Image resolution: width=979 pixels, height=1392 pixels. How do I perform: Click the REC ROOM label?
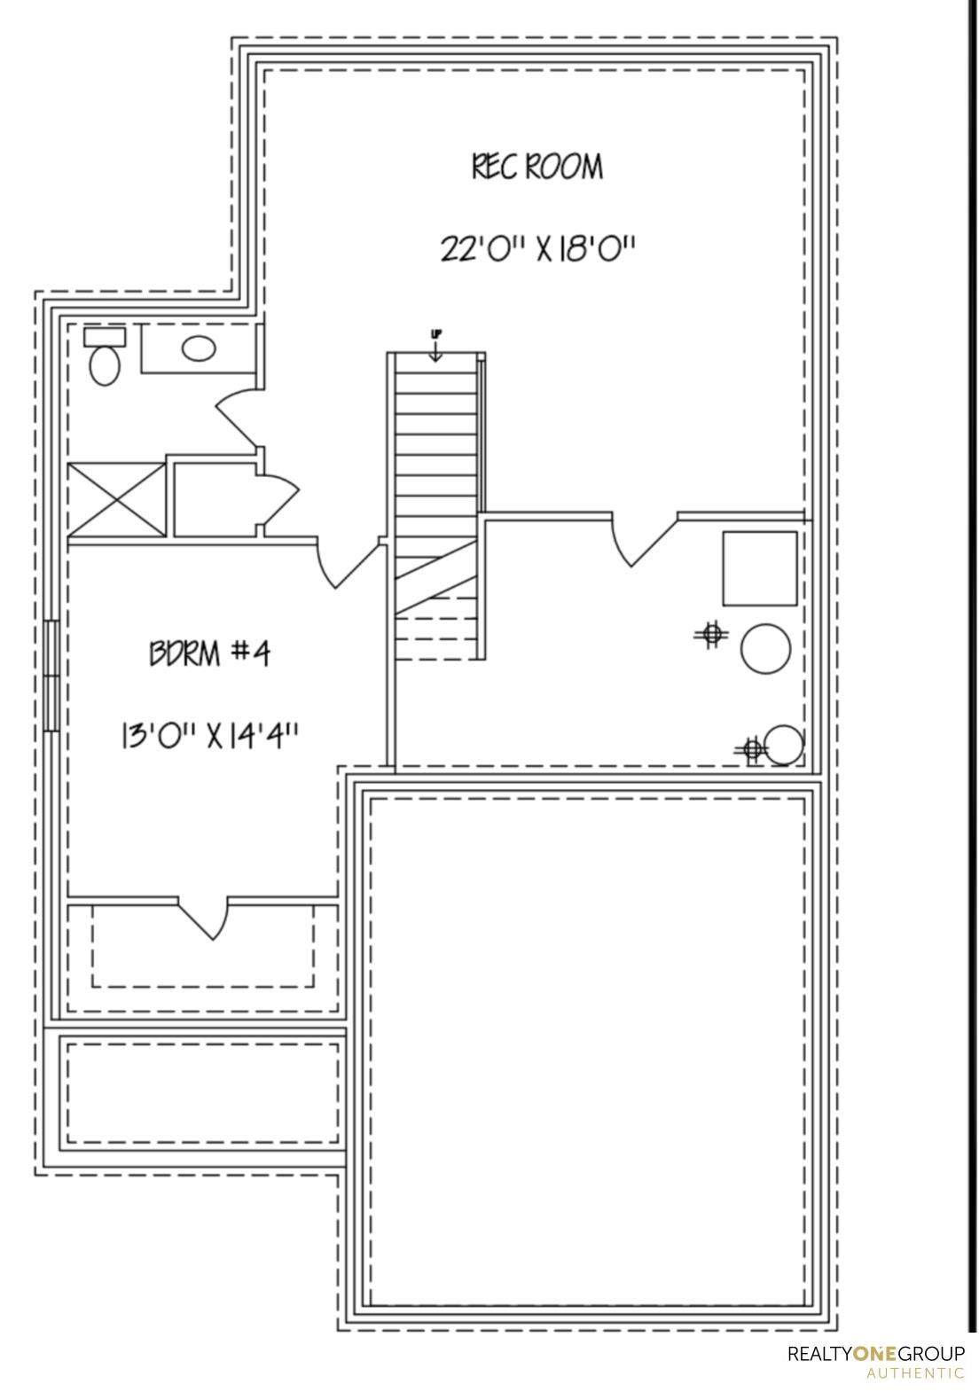pyautogui.click(x=537, y=167)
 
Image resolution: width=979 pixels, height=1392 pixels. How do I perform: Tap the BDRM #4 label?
pyautogui.click(x=209, y=654)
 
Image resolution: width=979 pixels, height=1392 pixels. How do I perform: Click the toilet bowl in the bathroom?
pyautogui.click(x=106, y=364)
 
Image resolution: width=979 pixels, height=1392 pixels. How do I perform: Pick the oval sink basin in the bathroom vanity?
pyautogui.click(x=198, y=348)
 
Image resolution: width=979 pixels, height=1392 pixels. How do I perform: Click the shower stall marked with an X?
pyautogui.click(x=117, y=498)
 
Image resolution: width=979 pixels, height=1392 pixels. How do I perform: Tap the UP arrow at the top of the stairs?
pyautogui.click(x=435, y=347)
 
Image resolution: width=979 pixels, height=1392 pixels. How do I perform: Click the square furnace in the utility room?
pyautogui.click(x=759, y=568)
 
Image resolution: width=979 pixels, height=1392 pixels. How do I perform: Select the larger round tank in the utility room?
pyautogui.click(x=764, y=650)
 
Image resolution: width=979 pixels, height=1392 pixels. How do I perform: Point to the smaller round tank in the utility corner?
pyautogui.click(x=784, y=745)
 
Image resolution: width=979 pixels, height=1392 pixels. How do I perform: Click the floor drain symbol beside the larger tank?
pyautogui.click(x=710, y=633)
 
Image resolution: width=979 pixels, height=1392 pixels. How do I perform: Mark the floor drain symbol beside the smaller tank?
pyautogui.click(x=752, y=749)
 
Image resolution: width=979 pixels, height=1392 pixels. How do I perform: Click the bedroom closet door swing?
pyautogui.click(x=206, y=918)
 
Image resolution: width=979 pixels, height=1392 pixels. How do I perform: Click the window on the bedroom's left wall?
pyautogui.click(x=52, y=675)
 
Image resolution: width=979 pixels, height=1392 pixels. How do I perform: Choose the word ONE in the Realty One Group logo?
pyautogui.click(x=875, y=1354)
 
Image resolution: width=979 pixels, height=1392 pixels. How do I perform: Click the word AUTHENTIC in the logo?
pyautogui.click(x=915, y=1373)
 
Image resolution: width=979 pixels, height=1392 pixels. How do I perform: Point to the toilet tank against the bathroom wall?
pyautogui.click(x=105, y=336)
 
